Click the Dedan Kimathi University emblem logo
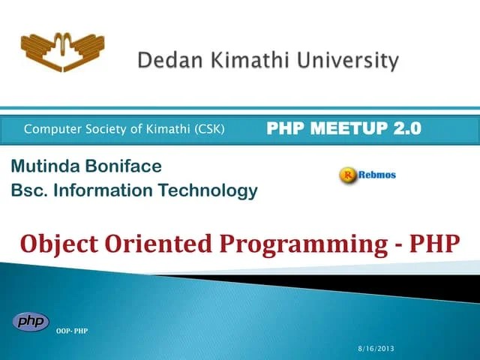point(62,50)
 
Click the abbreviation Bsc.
point(26,190)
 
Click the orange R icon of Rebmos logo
point(347,175)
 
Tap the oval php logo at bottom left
point(31,322)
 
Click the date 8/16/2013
point(375,349)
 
